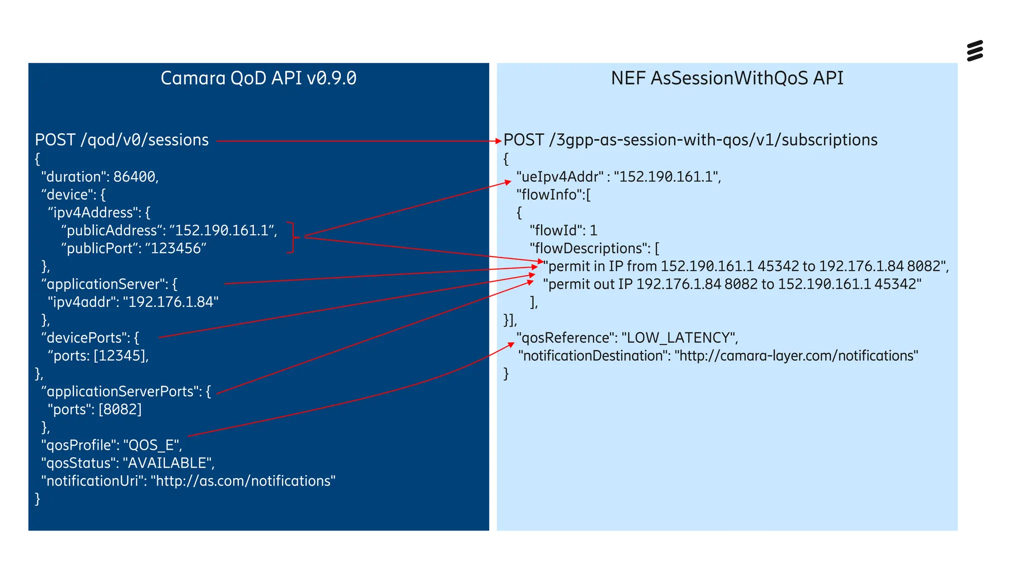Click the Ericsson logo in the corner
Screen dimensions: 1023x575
[x=975, y=50]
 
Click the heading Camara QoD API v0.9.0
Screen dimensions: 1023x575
[x=258, y=78]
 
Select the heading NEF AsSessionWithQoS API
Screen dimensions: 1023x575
[x=727, y=78]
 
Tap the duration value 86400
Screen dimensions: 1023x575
[x=134, y=177]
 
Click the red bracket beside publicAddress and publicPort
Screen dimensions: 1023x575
[x=292, y=238]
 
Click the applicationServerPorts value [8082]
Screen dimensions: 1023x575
[x=120, y=410]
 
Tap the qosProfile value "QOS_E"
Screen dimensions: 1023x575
[x=152, y=445]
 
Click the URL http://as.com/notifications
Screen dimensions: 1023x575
[x=243, y=481]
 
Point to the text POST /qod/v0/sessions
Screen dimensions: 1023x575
[x=122, y=140]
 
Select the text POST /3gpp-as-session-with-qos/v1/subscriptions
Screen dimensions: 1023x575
[x=690, y=140]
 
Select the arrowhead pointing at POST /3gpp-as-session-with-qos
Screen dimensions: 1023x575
[x=498, y=141]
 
